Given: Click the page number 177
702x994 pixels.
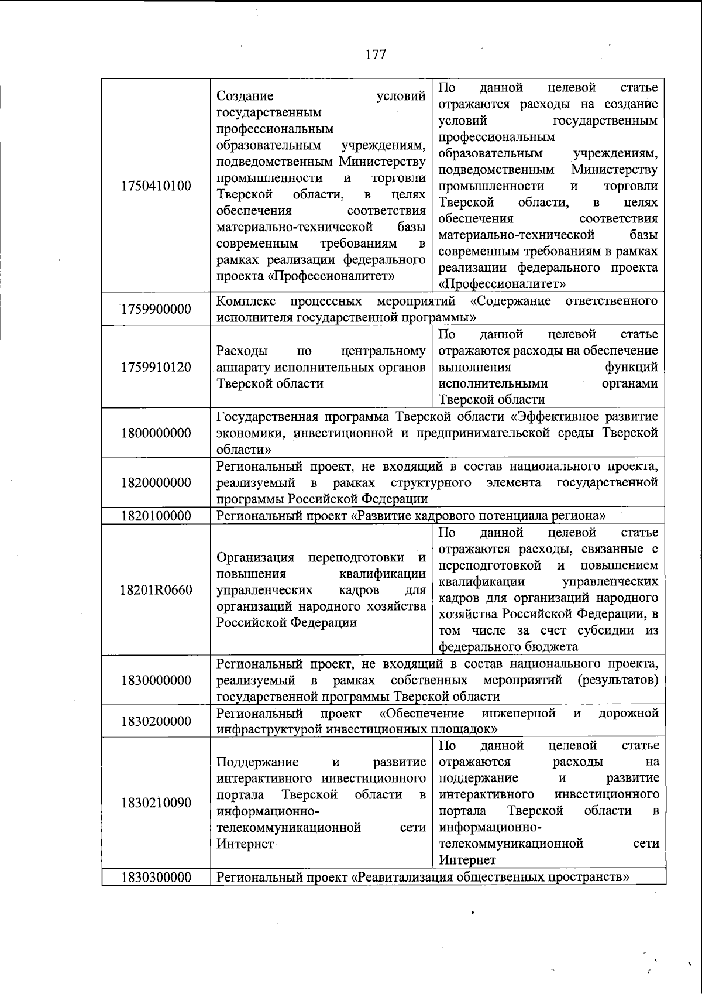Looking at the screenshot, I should [376, 54].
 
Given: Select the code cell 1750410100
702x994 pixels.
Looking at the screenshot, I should [156, 186].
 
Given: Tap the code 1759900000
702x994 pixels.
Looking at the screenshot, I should [156, 309].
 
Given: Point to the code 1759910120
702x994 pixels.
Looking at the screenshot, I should [156, 368].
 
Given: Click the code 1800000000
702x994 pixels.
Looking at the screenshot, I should [156, 433].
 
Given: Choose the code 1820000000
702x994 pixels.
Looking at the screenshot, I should [156, 483].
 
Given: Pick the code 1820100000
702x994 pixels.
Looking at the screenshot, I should [156, 516].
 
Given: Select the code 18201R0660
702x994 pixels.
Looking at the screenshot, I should [156, 590].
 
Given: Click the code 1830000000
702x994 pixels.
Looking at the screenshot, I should [156, 680].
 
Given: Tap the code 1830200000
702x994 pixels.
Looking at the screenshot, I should [156, 721].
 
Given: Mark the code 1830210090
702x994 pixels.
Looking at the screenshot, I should [156, 803].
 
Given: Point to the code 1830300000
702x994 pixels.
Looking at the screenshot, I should [156, 878].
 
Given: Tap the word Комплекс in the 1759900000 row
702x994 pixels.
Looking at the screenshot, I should [243, 301].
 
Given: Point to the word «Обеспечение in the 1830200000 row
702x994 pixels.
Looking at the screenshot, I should [422, 713].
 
